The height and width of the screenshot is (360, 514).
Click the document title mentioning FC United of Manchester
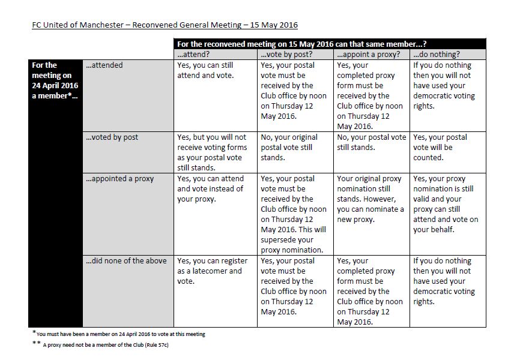[165, 25]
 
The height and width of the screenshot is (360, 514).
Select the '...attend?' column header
[193, 54]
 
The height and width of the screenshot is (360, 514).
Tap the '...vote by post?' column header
[285, 54]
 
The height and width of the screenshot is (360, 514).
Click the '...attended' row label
[104, 65]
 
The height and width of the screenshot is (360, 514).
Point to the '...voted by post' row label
[112, 137]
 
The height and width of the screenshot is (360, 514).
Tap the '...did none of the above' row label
[127, 261]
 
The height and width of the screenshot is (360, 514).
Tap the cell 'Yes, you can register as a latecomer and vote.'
[210, 271]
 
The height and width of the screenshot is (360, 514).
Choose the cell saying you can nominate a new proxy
[370, 199]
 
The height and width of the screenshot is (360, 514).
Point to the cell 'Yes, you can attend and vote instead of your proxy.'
[210, 188]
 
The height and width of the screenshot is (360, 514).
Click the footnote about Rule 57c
[100, 346]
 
